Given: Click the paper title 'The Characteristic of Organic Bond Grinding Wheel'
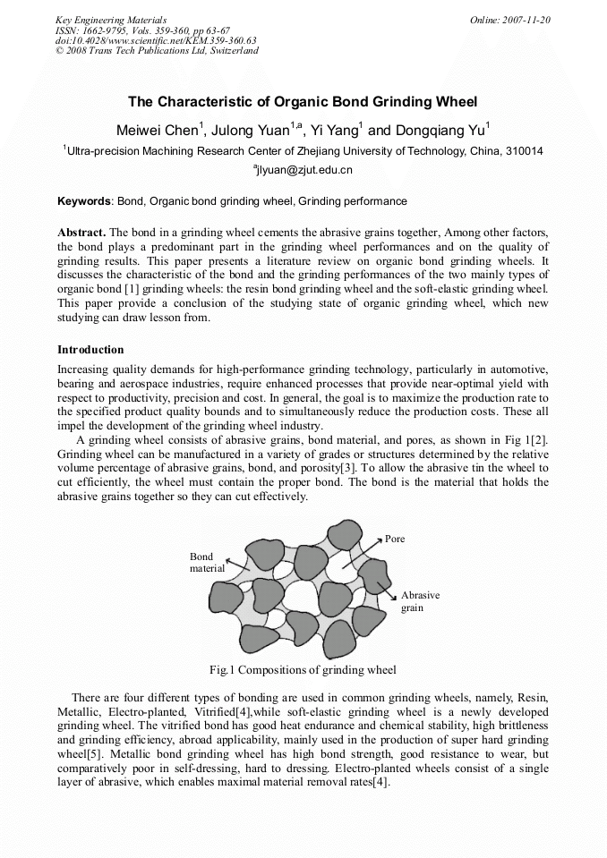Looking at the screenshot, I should point(303,101).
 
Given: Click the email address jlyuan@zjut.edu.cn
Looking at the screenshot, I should point(303,169).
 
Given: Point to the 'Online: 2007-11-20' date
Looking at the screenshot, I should point(511,20).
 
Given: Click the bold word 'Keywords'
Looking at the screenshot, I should point(85,201).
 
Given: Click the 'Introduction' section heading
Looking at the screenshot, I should point(90,349).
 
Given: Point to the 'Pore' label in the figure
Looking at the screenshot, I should point(395,539).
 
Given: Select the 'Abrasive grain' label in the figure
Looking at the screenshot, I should point(420,601).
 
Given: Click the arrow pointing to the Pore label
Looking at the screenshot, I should point(363,556).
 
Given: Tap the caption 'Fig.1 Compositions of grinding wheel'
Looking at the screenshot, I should point(303,669).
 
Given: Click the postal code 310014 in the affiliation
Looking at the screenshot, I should point(524,151).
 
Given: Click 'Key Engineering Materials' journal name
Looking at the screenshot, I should point(111,20).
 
